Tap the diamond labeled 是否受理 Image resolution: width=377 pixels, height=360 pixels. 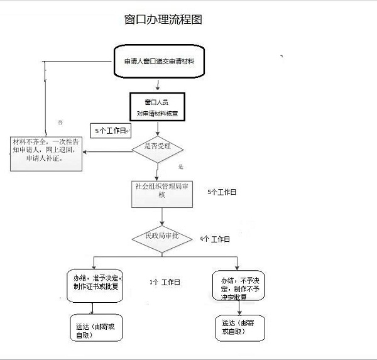coord(157,148)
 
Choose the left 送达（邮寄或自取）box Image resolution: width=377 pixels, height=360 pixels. coord(96,329)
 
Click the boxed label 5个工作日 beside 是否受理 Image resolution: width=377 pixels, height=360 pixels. coord(111,131)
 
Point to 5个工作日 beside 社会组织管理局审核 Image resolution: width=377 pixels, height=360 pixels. coord(221,191)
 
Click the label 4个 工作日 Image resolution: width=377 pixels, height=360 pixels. coord(215,239)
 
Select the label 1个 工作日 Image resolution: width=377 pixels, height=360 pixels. coord(165,283)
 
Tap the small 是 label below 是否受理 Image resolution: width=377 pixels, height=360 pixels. coord(180,167)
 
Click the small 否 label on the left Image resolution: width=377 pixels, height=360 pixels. coord(61,121)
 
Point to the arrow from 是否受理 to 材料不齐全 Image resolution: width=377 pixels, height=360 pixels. coord(107,151)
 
